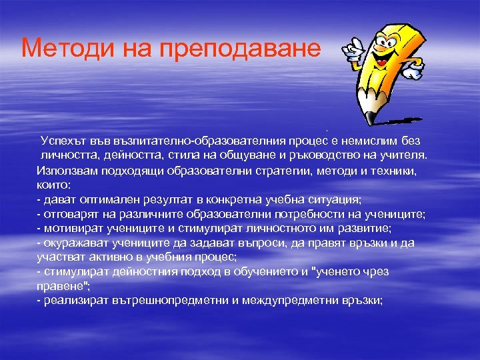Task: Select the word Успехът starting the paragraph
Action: [x=65, y=141]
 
